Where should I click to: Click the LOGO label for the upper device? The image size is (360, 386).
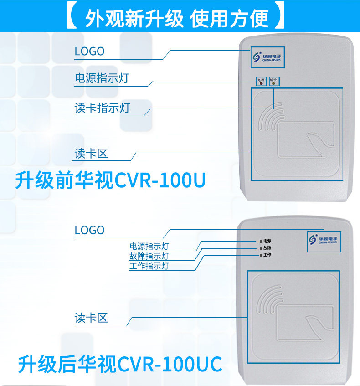pos(89,51)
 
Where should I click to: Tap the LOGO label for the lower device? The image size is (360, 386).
pos(89,231)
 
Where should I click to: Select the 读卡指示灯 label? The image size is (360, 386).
pos(102,108)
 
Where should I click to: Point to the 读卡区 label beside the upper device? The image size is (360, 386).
pos(91,154)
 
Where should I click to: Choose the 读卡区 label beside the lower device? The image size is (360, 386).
pos(91,318)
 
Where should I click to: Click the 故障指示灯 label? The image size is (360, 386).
pos(149,256)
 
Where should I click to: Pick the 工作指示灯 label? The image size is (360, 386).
pos(149,266)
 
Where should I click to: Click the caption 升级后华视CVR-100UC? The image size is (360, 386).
pos(120,365)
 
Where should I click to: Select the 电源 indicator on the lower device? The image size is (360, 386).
pos(261,240)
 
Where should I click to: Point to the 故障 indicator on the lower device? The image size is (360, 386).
pos(261,247)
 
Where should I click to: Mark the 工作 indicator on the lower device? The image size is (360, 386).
pos(261,255)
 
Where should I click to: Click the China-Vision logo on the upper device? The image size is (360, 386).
pos(267,58)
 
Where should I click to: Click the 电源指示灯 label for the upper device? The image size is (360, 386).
pos(102,78)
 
